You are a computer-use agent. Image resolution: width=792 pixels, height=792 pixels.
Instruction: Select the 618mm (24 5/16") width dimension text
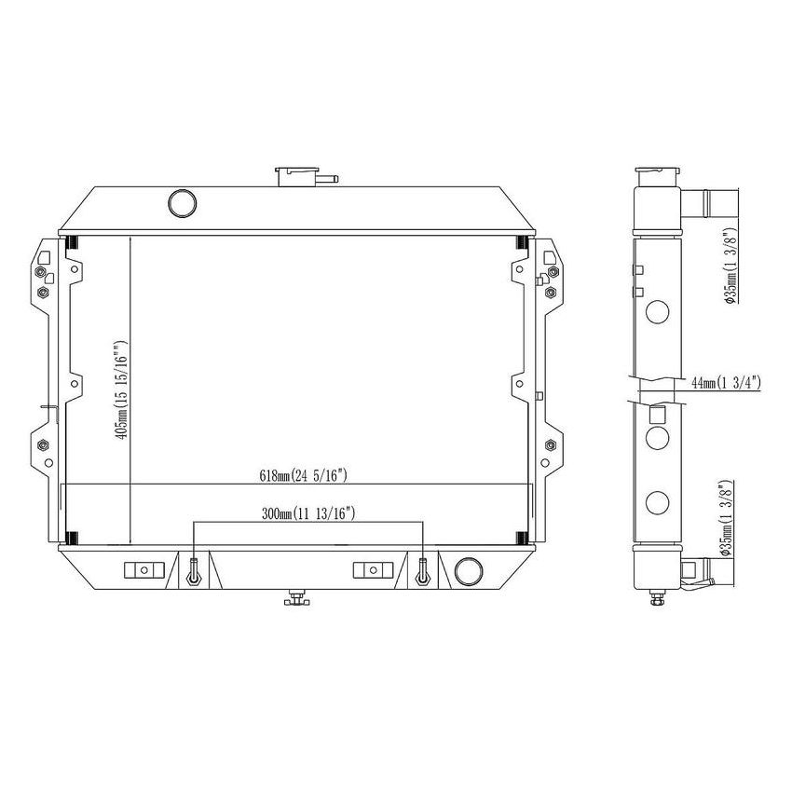pyautogui.click(x=304, y=476)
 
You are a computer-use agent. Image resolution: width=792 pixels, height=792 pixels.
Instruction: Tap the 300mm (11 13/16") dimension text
pyautogui.click(x=308, y=513)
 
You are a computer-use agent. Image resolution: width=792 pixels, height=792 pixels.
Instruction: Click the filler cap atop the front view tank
pyautogui.click(x=296, y=175)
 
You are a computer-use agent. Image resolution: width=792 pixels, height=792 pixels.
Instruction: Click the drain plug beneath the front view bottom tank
pyautogui.click(x=296, y=598)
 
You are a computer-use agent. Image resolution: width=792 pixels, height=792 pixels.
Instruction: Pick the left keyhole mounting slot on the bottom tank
pyautogui.click(x=193, y=570)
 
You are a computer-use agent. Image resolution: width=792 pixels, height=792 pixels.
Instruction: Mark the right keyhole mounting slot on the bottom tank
pyautogui.click(x=424, y=570)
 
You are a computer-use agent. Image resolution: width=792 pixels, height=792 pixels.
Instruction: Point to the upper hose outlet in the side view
pyautogui.click(x=712, y=201)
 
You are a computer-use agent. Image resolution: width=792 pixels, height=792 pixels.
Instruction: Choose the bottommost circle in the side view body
pyautogui.click(x=657, y=503)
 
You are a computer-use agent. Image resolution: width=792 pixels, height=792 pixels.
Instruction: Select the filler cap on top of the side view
pyautogui.click(x=656, y=177)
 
